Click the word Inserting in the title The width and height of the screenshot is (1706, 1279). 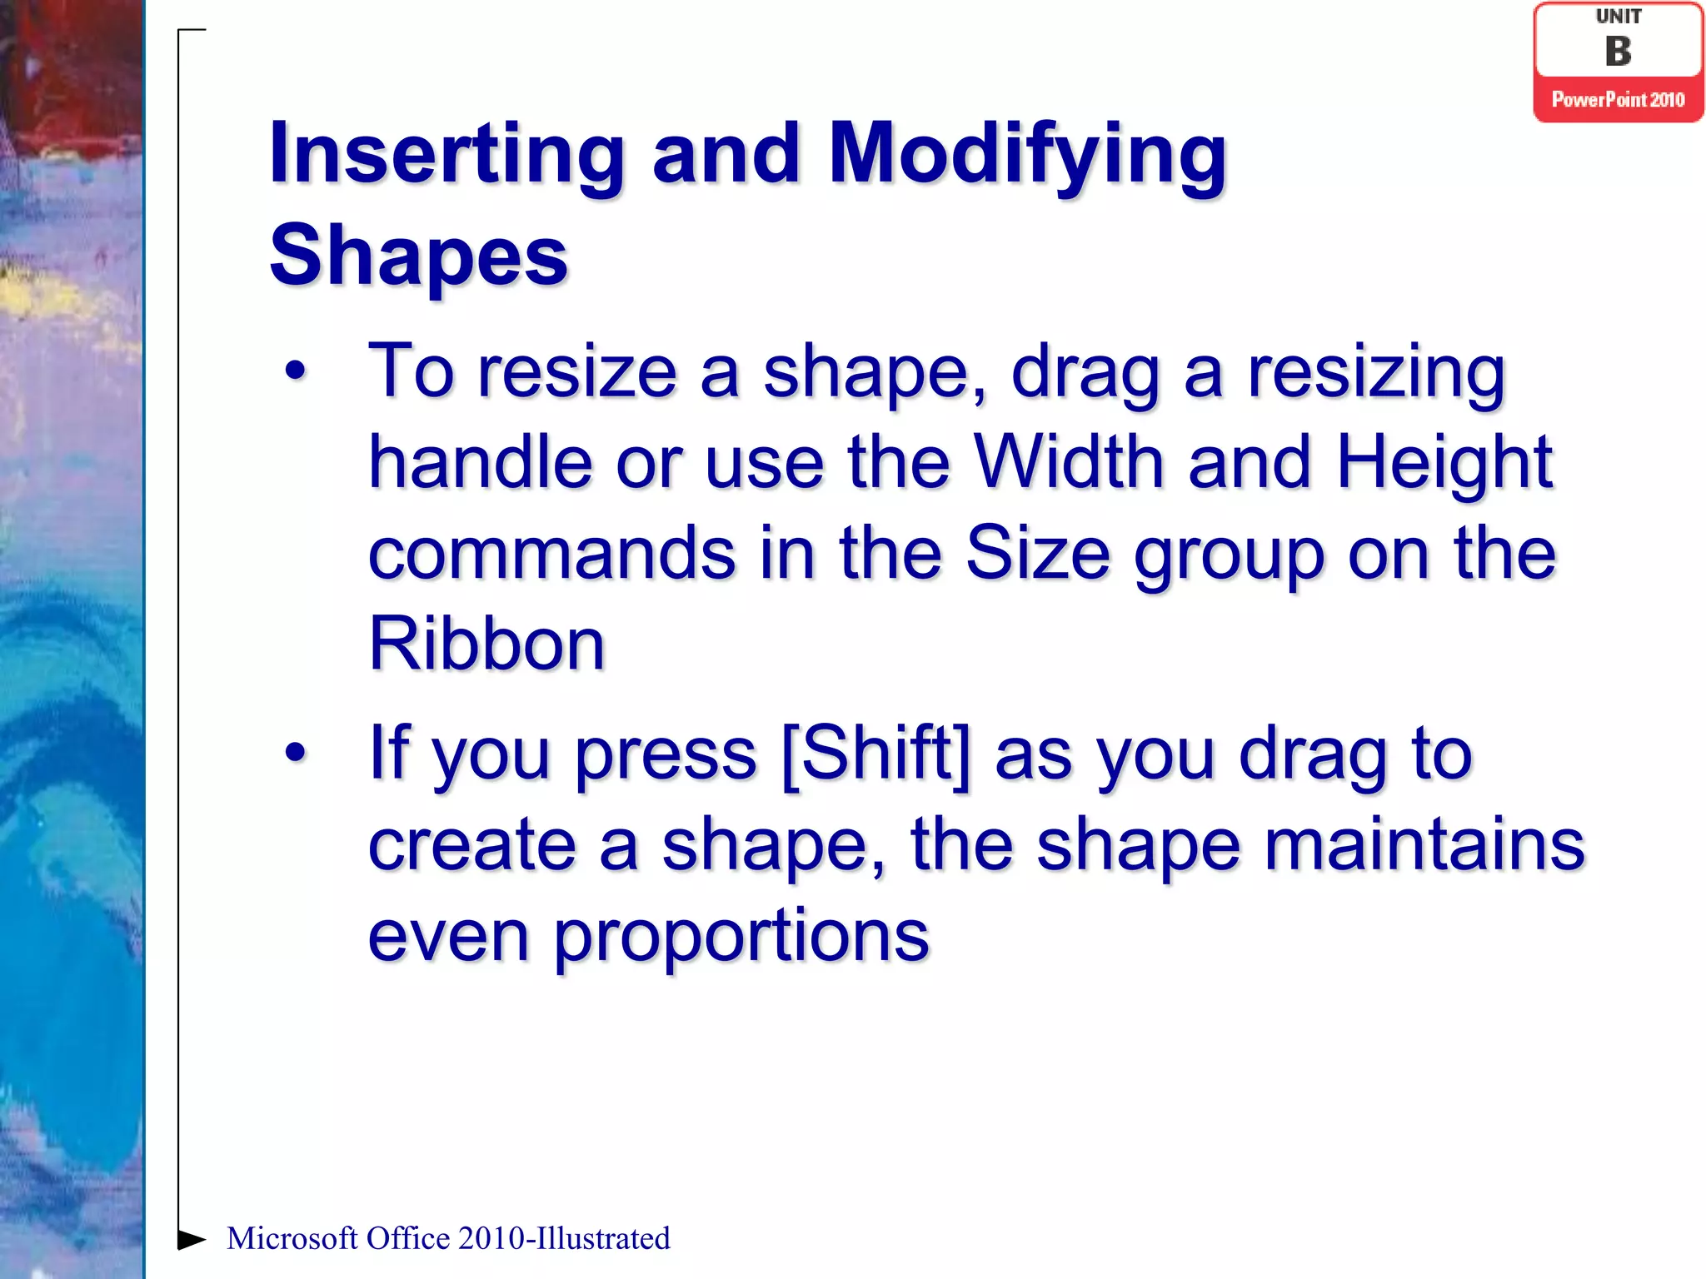[x=446, y=155]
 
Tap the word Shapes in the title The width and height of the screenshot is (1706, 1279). [x=418, y=256]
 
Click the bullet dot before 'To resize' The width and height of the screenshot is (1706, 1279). [x=296, y=371]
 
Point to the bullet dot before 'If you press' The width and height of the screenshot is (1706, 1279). [x=296, y=753]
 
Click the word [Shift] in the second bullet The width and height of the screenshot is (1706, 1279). [x=876, y=754]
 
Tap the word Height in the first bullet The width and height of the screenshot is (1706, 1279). [x=1444, y=465]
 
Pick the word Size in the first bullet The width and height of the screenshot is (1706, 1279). [x=1037, y=554]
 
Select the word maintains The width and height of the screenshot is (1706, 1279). [x=1424, y=844]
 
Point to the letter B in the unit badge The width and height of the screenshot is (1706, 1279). [x=1618, y=52]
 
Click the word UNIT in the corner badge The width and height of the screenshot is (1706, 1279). [x=1619, y=17]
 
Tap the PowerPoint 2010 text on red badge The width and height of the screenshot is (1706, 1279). [x=1618, y=100]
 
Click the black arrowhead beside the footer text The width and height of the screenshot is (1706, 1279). [x=192, y=1239]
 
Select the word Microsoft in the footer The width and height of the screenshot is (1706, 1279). [x=292, y=1239]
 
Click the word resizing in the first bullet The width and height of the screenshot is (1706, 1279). [x=1375, y=373]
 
